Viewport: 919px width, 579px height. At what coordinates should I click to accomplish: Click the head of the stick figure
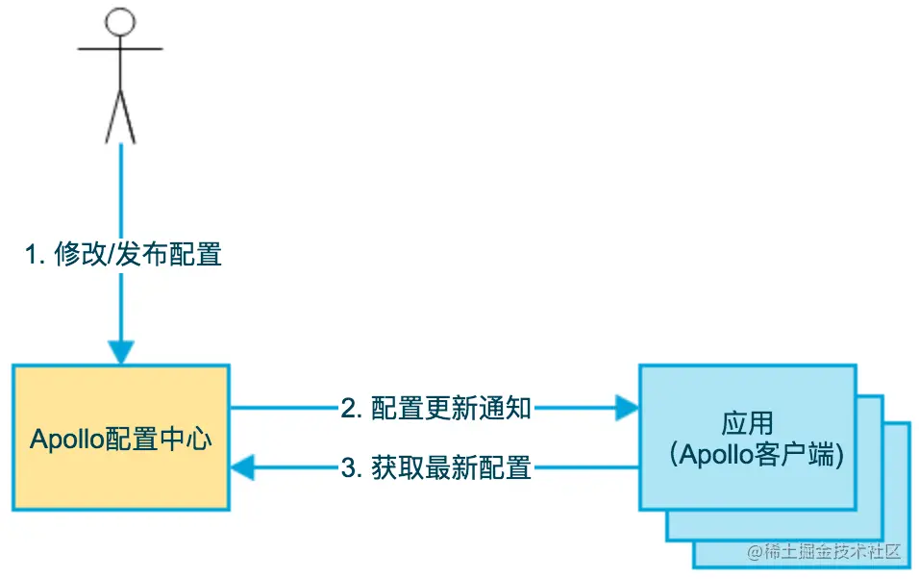(120, 22)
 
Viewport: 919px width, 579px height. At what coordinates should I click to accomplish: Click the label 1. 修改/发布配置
(123, 255)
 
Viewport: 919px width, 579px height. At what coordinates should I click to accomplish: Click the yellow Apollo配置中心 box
(120, 481)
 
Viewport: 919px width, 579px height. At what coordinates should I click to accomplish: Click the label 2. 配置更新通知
(435, 408)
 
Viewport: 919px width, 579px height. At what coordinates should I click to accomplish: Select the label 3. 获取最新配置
(435, 468)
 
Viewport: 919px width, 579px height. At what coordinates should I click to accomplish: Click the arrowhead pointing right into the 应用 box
(628, 408)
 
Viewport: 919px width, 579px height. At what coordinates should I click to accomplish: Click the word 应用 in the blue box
(747, 423)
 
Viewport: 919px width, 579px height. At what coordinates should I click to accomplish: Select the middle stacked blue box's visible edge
(870, 519)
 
